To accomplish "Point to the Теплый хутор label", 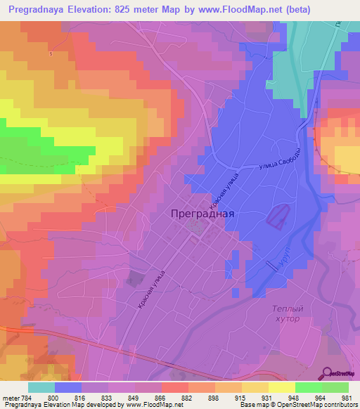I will coord(286,313).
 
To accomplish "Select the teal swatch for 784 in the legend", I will coord(41,387).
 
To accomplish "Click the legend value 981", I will coord(344,397).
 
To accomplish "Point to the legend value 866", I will coord(160,397).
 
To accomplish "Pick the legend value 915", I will coord(238,397).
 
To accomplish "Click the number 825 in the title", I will coord(140,10).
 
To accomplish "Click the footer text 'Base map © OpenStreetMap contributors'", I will coord(297,405).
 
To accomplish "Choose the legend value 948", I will coord(291,397).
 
